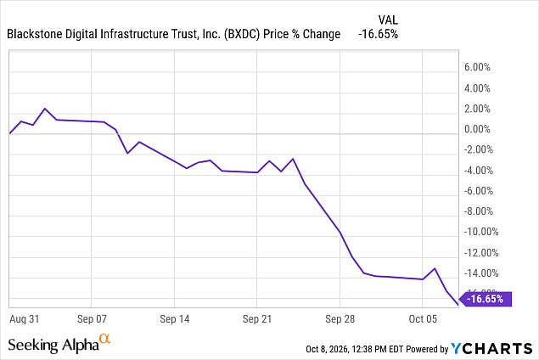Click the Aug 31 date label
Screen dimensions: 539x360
[24, 319]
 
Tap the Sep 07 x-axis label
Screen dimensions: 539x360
[92, 319]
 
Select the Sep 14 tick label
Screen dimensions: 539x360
[175, 319]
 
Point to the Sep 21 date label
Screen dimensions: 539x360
[257, 319]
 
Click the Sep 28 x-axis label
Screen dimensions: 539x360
[340, 319]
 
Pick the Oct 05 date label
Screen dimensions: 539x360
[423, 319]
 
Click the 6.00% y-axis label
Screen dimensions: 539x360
[477, 67]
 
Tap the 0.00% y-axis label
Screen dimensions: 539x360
[477, 129]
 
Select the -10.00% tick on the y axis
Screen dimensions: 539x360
[481, 232]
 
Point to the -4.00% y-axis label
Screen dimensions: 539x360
[479, 170]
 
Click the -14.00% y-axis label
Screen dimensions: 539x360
[481, 273]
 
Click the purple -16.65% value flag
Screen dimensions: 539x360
[486, 299]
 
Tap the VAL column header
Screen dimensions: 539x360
[388, 20]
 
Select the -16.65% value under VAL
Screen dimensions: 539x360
[378, 34]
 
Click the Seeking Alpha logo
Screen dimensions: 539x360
[59, 344]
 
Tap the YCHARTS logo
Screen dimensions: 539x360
[491, 348]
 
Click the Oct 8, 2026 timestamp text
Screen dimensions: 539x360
[355, 349]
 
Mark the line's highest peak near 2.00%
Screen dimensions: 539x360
[45, 109]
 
